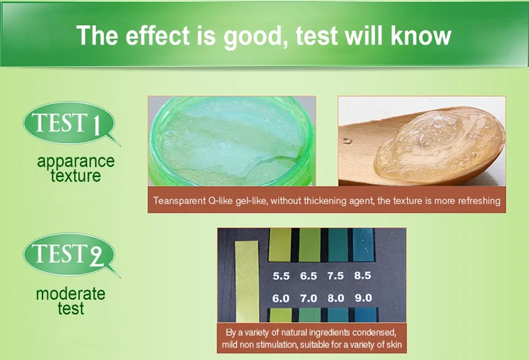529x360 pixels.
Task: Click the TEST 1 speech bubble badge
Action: click(69, 123)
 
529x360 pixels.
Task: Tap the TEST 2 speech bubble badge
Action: click(69, 254)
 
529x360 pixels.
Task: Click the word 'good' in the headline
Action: click(252, 36)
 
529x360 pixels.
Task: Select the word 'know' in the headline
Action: click(421, 35)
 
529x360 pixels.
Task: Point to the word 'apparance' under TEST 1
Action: click(76, 161)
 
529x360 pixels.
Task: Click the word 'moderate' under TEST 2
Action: click(70, 293)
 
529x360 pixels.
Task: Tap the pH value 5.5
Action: click(281, 276)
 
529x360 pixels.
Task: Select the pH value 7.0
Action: click(308, 298)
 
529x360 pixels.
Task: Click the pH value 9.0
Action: click(363, 298)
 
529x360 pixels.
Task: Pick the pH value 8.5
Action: click(363, 275)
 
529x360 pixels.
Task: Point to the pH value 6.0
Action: click(281, 298)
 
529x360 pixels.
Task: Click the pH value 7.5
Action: click(335, 276)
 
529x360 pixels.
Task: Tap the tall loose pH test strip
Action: click(247, 281)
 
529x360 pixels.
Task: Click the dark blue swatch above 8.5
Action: click(363, 245)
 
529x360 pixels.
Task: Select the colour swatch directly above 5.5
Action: click(280, 245)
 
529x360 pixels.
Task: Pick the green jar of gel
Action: click(232, 141)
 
